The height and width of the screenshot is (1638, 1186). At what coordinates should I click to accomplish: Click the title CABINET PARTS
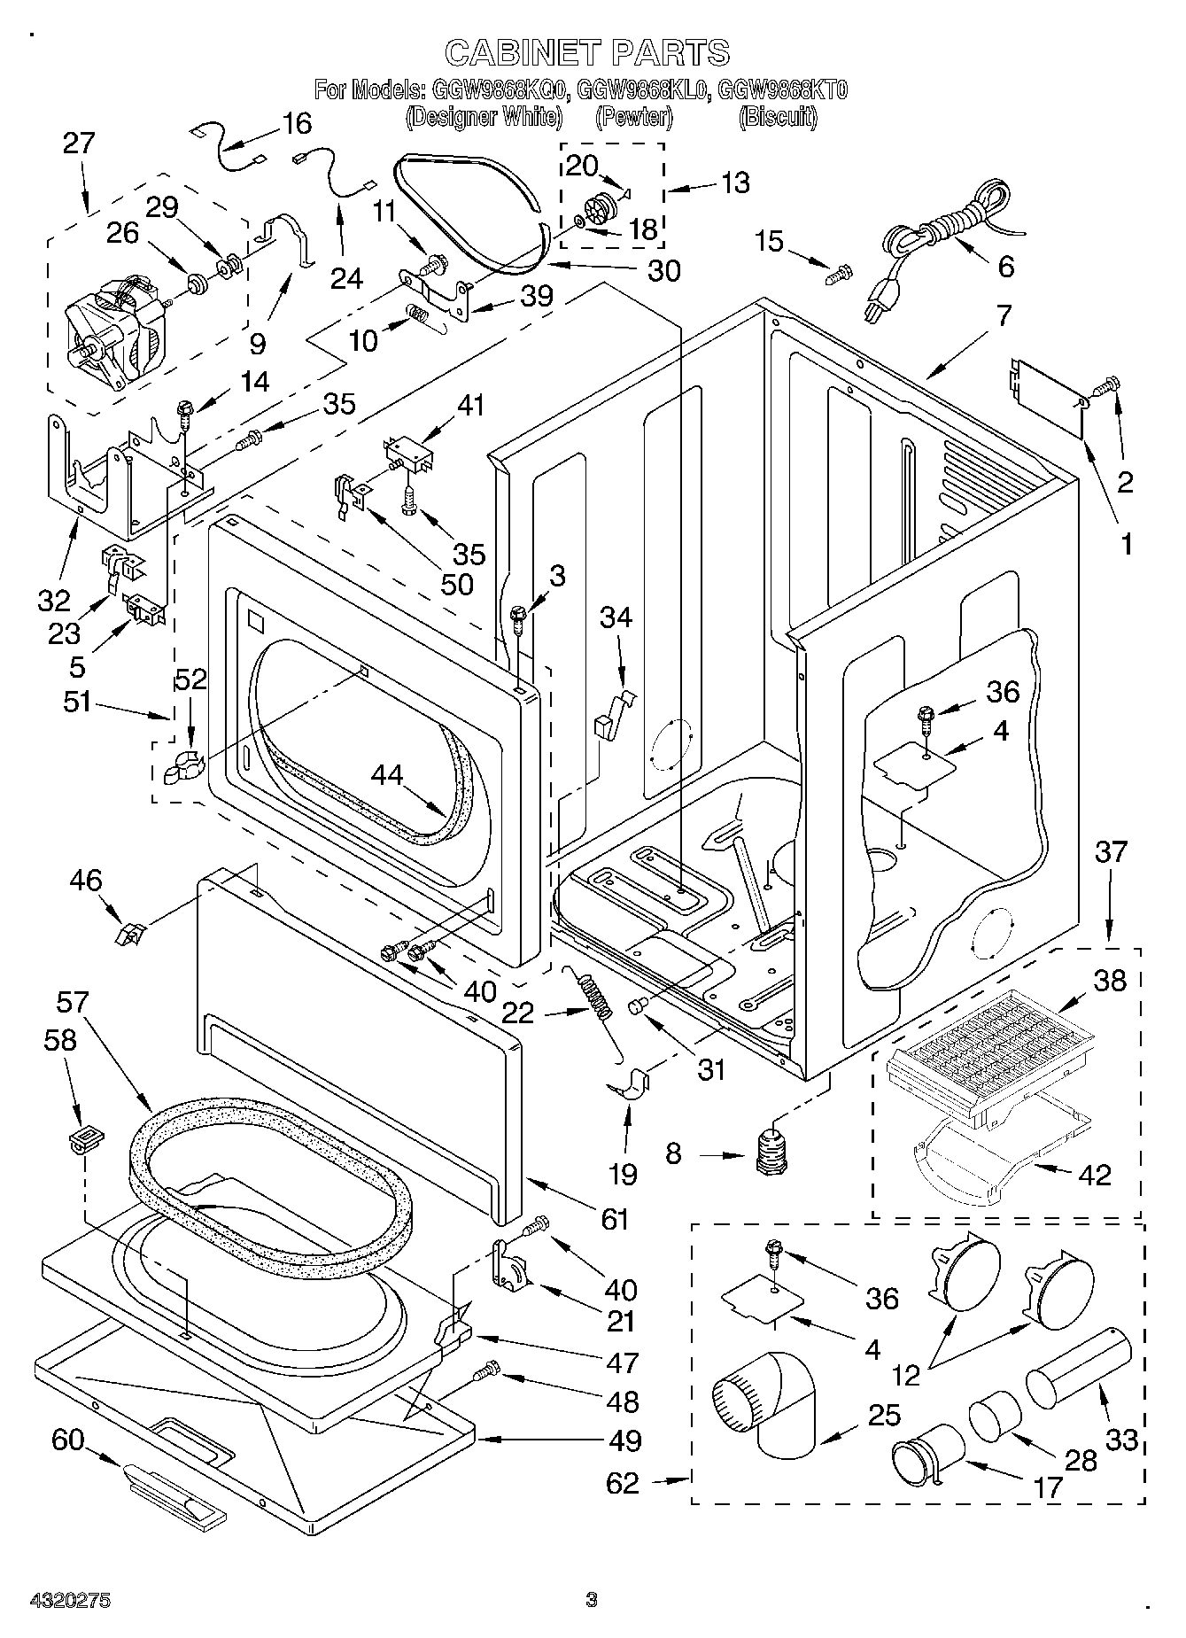click(586, 52)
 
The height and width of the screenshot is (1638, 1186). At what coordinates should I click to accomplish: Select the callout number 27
click(79, 144)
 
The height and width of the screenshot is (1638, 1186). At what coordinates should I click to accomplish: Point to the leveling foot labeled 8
click(772, 1152)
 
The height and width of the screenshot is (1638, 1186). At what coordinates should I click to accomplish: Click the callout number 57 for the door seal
click(73, 1003)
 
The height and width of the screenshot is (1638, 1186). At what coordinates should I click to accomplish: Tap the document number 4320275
click(58, 1600)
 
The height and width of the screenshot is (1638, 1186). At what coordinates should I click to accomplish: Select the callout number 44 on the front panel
click(387, 775)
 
